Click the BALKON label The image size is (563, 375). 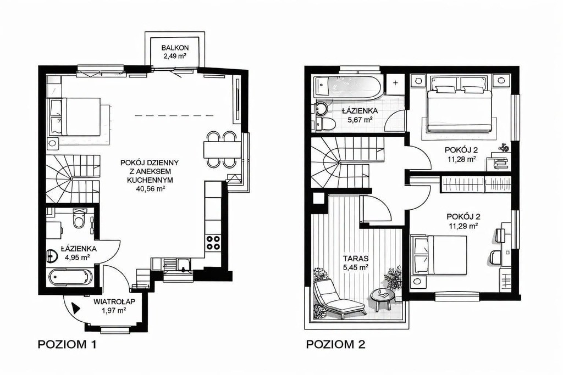[175, 48]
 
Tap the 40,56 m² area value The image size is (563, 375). [150, 188]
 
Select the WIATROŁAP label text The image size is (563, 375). [114, 302]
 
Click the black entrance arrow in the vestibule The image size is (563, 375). [76, 308]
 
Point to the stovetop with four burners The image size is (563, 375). [213, 242]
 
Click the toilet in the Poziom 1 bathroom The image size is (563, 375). [78, 219]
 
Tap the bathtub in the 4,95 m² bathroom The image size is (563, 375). [70, 277]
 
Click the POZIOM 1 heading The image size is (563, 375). [67, 345]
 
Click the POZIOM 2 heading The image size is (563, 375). [335, 344]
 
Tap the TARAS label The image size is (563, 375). [356, 258]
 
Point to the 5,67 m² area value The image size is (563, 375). [360, 120]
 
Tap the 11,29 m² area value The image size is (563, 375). [463, 226]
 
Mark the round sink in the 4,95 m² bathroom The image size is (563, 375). [53, 255]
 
